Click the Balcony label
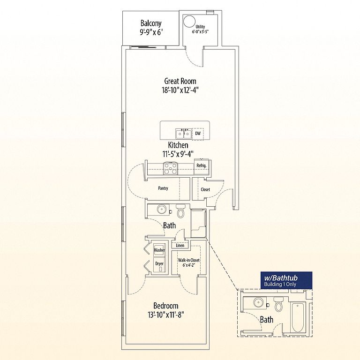pyautogui.click(x=151, y=23)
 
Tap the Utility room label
pyautogui.click(x=200, y=27)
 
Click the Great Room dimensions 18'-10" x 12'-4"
pyautogui.click(x=180, y=90)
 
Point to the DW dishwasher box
pyautogui.click(x=198, y=134)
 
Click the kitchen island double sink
pyautogui.click(x=184, y=134)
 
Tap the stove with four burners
pyautogui.click(x=170, y=168)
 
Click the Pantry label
pyautogui.click(x=163, y=188)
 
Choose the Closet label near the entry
pyautogui.click(x=205, y=190)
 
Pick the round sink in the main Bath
pyautogui.click(x=162, y=209)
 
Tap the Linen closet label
pyautogui.click(x=180, y=246)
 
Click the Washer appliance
pyautogui.click(x=159, y=250)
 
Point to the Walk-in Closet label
pyautogui.click(x=189, y=260)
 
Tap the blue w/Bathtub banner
pyautogui.click(x=286, y=280)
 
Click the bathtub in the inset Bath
pyautogui.click(x=298, y=317)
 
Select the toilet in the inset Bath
pyautogui.click(x=279, y=304)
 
